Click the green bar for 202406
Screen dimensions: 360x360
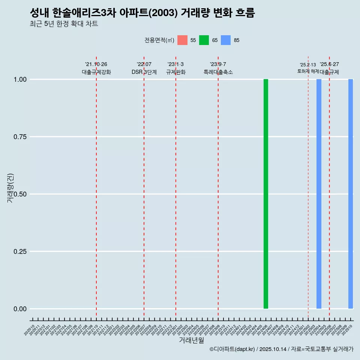tap(265, 194)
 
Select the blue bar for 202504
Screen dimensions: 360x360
tap(319, 194)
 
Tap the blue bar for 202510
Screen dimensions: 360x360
tap(351, 194)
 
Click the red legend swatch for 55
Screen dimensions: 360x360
tap(182, 40)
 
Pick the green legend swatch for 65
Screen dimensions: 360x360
tap(204, 40)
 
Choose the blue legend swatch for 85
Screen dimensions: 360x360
tap(226, 40)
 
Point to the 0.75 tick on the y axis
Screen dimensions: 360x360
tap(20, 137)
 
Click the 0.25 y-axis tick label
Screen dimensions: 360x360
tap(20, 252)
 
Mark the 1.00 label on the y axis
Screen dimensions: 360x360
tap(20, 79)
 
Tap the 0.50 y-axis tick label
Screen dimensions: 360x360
tap(20, 194)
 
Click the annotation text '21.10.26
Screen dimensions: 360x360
tap(96, 64)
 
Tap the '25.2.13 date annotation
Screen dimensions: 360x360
tap(308, 65)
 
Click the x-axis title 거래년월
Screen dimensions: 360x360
tap(191, 340)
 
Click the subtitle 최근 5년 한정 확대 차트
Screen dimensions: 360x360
tap(64, 24)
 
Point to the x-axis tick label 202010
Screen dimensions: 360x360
tap(30, 330)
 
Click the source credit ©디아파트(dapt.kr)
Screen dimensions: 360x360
tap(232, 349)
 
